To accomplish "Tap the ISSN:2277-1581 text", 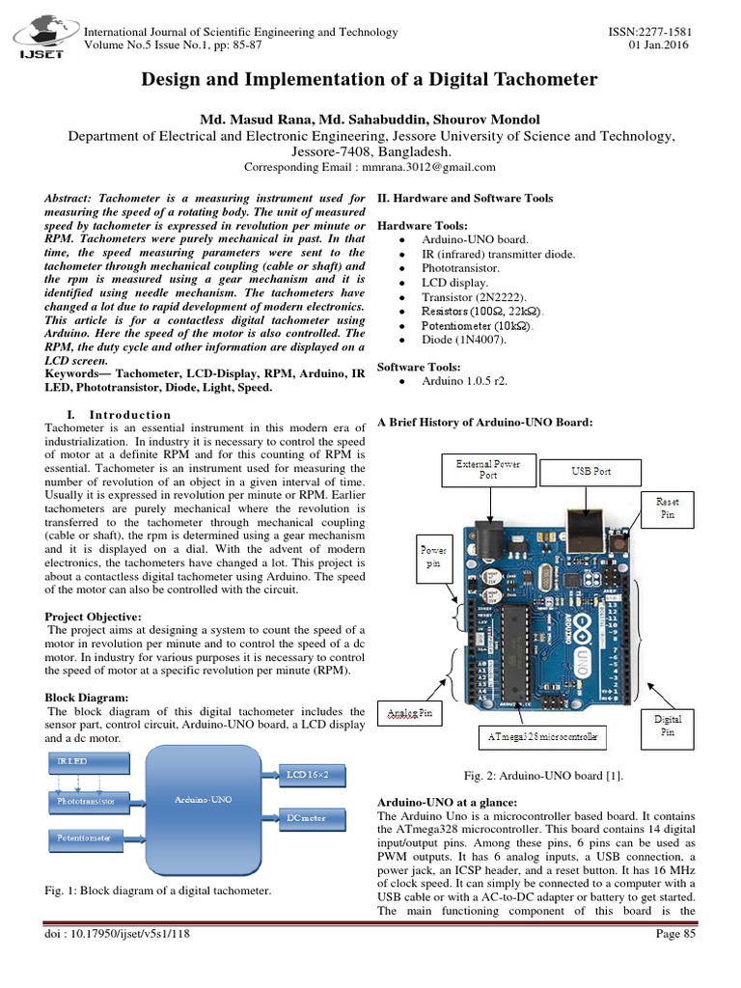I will (x=653, y=32).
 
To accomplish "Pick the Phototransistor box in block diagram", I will (x=87, y=800).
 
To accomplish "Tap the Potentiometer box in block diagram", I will (x=87, y=837).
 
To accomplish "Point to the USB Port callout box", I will (x=590, y=472).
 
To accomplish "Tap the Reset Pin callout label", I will (x=667, y=508).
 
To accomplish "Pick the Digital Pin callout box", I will (x=669, y=726).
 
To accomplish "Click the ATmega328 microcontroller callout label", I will (x=537, y=739).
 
